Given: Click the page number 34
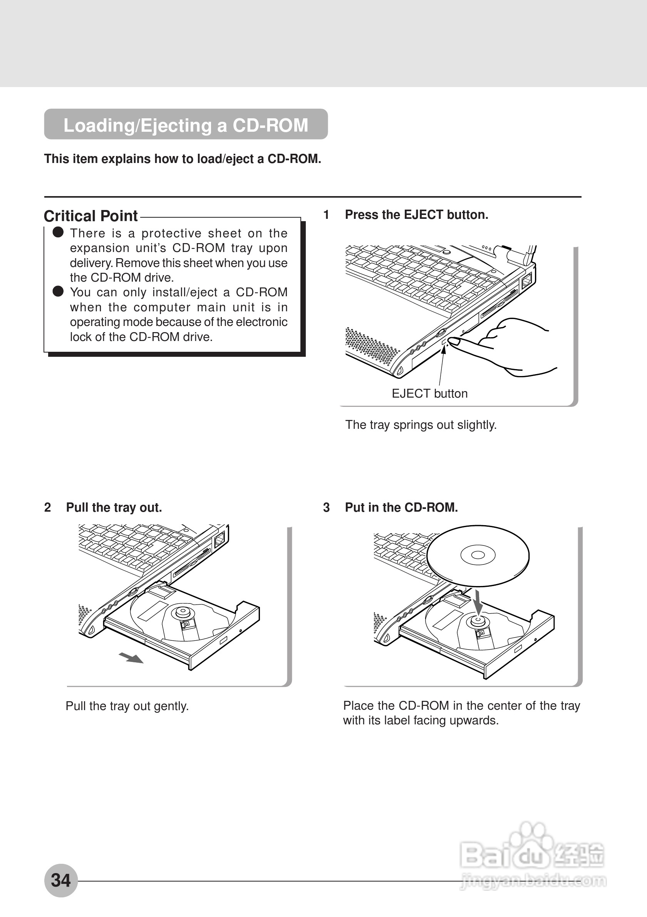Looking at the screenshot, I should (61, 880).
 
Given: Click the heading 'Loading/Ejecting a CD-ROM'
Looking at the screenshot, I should (186, 125).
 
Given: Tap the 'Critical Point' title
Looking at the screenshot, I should (91, 216).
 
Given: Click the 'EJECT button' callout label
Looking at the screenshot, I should (429, 393).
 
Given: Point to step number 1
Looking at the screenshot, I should (326, 215).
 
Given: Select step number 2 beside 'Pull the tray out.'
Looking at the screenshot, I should (47, 508).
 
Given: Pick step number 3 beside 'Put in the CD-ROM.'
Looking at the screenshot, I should (326, 508).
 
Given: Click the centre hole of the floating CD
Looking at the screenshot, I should (478, 555).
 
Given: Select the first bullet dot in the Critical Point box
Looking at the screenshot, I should (58, 232).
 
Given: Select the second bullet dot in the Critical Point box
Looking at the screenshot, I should (58, 292).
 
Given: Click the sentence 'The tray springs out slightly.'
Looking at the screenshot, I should (421, 425).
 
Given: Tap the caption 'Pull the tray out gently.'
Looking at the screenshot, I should (127, 706).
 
